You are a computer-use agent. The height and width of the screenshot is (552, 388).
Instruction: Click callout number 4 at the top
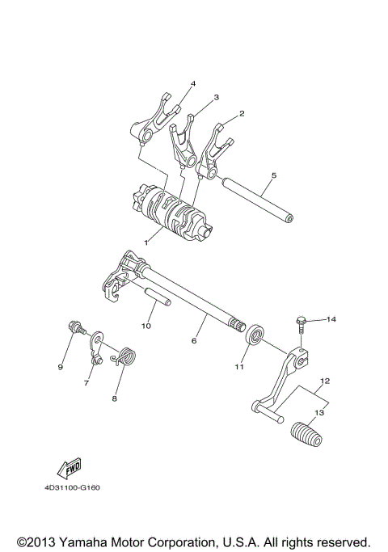coord(193,84)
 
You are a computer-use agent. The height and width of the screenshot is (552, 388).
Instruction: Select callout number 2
coord(242,115)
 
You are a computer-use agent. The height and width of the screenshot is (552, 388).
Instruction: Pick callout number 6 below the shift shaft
coord(194,341)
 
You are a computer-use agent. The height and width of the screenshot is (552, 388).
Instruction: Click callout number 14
coord(331,320)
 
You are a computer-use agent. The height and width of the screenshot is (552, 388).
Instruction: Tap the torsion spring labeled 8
coord(127,356)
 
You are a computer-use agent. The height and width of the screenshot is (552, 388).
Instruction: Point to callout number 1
coord(146,241)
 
